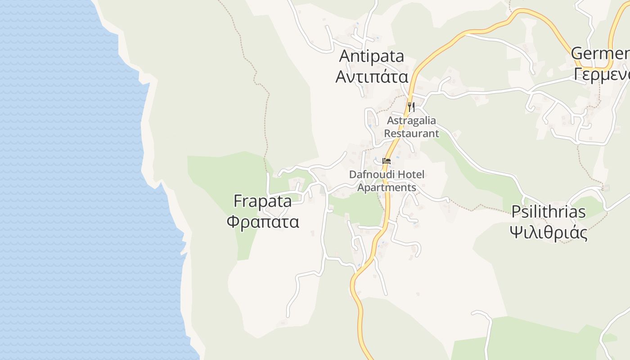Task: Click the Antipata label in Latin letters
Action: point(371,57)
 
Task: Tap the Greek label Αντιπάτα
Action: point(372,76)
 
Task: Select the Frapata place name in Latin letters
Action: point(262,201)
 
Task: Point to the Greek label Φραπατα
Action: point(262,221)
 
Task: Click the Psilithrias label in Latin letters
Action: point(549,212)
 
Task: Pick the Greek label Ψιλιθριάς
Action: point(549,233)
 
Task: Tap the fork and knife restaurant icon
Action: point(411,107)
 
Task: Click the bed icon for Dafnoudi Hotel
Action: point(386,161)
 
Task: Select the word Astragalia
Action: point(411,121)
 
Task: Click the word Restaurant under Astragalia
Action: point(411,133)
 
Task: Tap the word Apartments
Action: point(387,187)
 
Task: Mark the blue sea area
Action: point(67,180)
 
